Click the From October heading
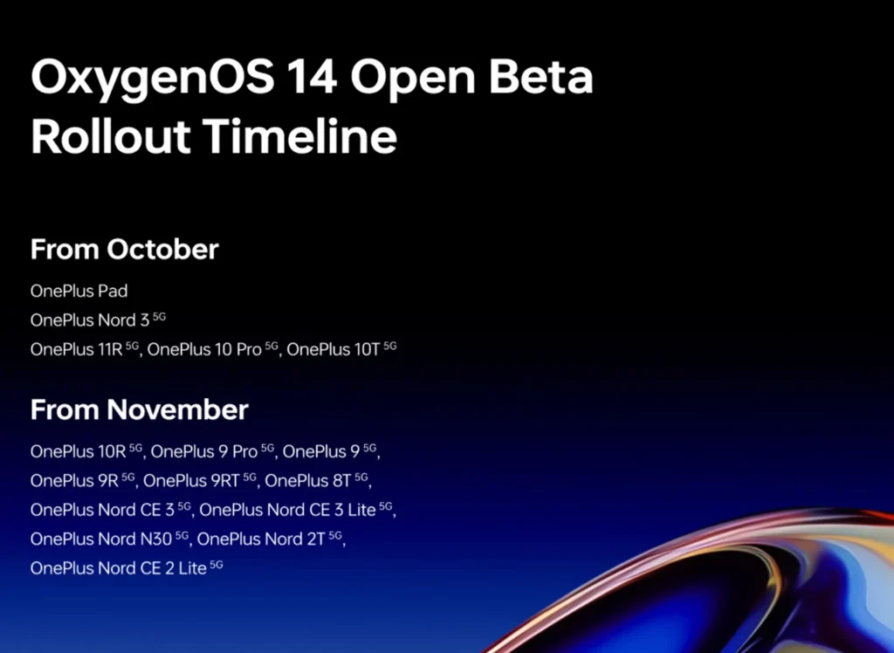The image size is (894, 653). click(x=124, y=250)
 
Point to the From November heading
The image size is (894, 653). click(x=139, y=409)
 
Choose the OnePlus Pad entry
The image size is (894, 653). click(x=79, y=291)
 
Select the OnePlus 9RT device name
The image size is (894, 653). click(x=199, y=480)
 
